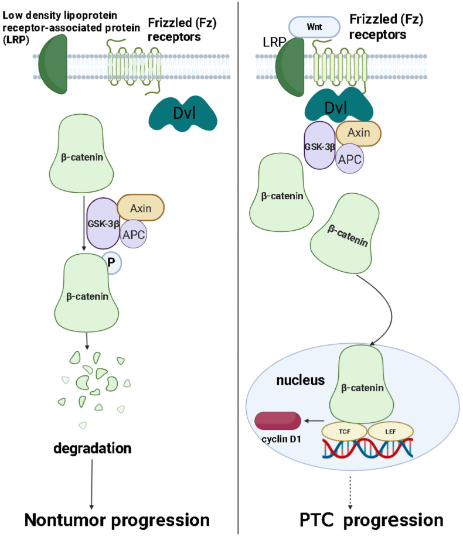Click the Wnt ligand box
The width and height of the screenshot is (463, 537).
(x=314, y=27)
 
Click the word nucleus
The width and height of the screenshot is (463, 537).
(x=301, y=381)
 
